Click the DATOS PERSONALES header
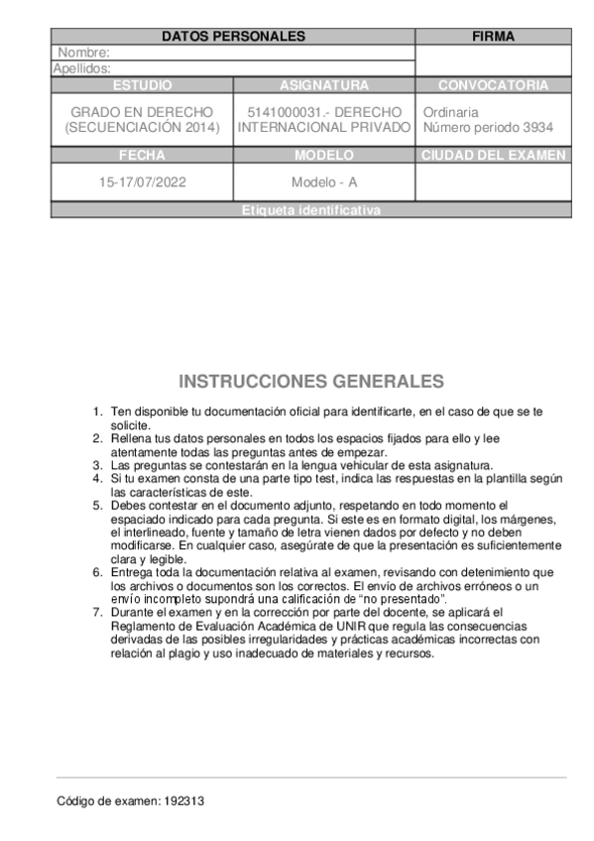[x=232, y=37]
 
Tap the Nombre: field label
[x=83, y=53]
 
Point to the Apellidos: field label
[x=81, y=68]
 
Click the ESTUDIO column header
[x=142, y=85]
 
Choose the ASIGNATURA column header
[x=324, y=85]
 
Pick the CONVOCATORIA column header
[x=493, y=85]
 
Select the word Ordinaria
[x=450, y=112]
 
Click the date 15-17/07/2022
[x=142, y=182]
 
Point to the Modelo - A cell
[x=324, y=182]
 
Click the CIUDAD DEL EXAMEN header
[x=493, y=156]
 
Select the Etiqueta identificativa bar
[x=310, y=210]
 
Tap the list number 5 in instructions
[x=96, y=506]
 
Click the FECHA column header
[x=142, y=156]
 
